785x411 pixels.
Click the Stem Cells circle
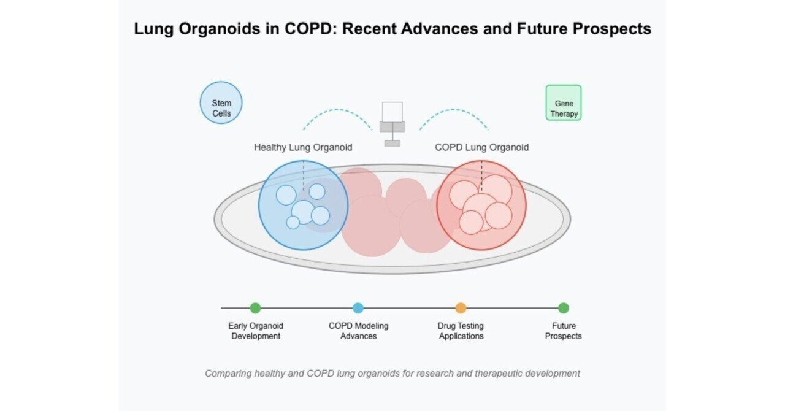[x=221, y=103]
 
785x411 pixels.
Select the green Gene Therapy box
[x=564, y=103]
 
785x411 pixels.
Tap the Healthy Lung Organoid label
[x=303, y=147]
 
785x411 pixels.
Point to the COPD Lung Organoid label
[x=482, y=147]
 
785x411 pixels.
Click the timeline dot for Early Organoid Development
[x=256, y=308]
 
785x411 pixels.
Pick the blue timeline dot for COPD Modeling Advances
[x=358, y=308]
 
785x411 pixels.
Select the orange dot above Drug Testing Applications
[x=461, y=308]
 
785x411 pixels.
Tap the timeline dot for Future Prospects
[x=564, y=308]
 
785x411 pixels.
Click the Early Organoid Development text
[x=256, y=331]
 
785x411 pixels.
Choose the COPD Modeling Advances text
[x=359, y=331]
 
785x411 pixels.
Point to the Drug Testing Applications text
[x=461, y=331]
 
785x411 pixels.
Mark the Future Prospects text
[x=563, y=331]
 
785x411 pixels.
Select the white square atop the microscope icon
[x=392, y=112]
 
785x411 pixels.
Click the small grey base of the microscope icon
[x=392, y=144]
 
